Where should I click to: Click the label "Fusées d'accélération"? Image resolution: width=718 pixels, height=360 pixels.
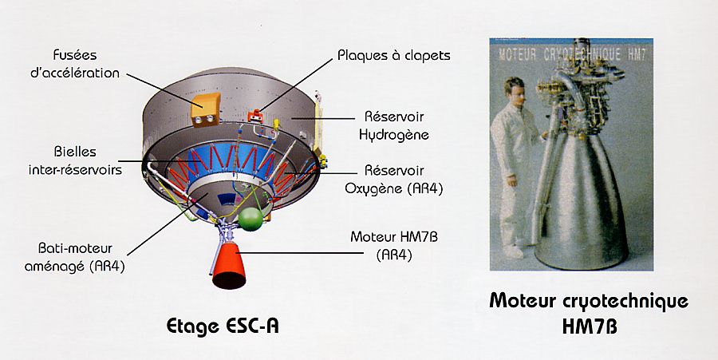pos(75,64)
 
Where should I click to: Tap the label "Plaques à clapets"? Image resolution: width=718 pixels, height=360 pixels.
pos(394,56)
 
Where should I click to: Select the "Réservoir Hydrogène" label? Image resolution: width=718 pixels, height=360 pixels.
pos(394,125)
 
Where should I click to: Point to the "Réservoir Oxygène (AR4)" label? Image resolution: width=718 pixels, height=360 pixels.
pos(394,180)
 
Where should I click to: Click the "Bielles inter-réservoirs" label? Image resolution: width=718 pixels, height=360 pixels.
pos(75,160)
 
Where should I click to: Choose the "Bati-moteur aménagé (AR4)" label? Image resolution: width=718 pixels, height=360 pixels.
pos(75,257)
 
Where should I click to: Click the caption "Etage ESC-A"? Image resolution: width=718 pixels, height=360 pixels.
pos(222,326)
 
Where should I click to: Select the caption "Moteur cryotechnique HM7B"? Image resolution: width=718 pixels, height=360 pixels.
pos(589,314)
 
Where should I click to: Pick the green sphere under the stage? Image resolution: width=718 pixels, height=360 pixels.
pos(251,220)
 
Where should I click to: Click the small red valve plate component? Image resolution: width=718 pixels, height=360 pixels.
pos(255,117)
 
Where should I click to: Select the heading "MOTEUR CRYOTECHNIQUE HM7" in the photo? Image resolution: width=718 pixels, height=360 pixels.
pos(572,55)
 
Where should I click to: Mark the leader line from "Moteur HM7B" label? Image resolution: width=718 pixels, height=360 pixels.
pos(301,252)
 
